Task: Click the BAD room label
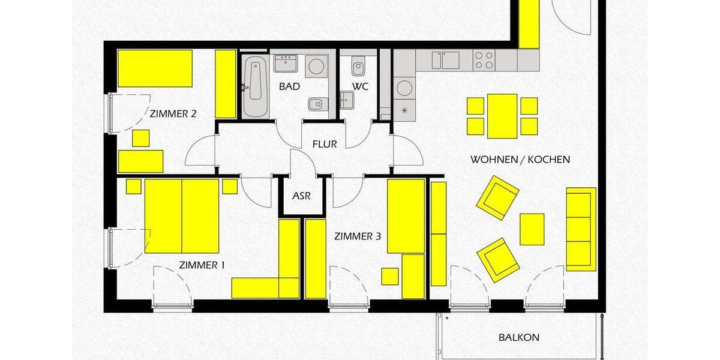coord(289,87)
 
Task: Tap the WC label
coord(360,87)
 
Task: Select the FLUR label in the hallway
coord(325,144)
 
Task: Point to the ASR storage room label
coord(301,196)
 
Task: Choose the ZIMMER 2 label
coord(173,113)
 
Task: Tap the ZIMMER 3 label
coord(358,236)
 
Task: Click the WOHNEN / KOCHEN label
coord(520,160)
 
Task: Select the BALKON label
coord(519,337)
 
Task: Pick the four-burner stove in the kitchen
coord(484,60)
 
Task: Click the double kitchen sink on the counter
coord(446,60)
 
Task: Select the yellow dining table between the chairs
coord(502,116)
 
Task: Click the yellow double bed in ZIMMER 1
coord(182,217)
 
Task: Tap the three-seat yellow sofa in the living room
coord(581,229)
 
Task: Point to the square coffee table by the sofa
coord(532,229)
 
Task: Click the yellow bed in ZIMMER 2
coord(155,68)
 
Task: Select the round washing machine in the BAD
coord(316,66)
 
